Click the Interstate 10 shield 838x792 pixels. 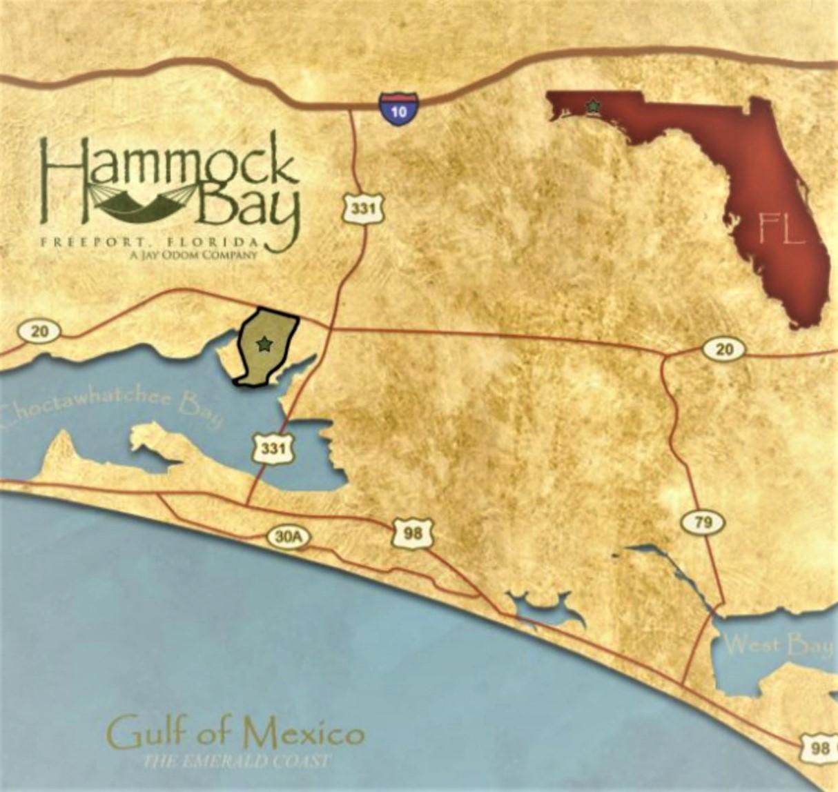(398, 106)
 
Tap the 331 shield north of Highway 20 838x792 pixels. (362, 207)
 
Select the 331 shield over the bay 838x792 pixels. (273, 449)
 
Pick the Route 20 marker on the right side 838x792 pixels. (723, 350)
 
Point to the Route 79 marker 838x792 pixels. (703, 522)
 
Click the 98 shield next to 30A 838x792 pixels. (412, 534)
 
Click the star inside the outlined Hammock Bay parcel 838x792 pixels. (263, 343)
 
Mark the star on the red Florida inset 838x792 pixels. (592, 106)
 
